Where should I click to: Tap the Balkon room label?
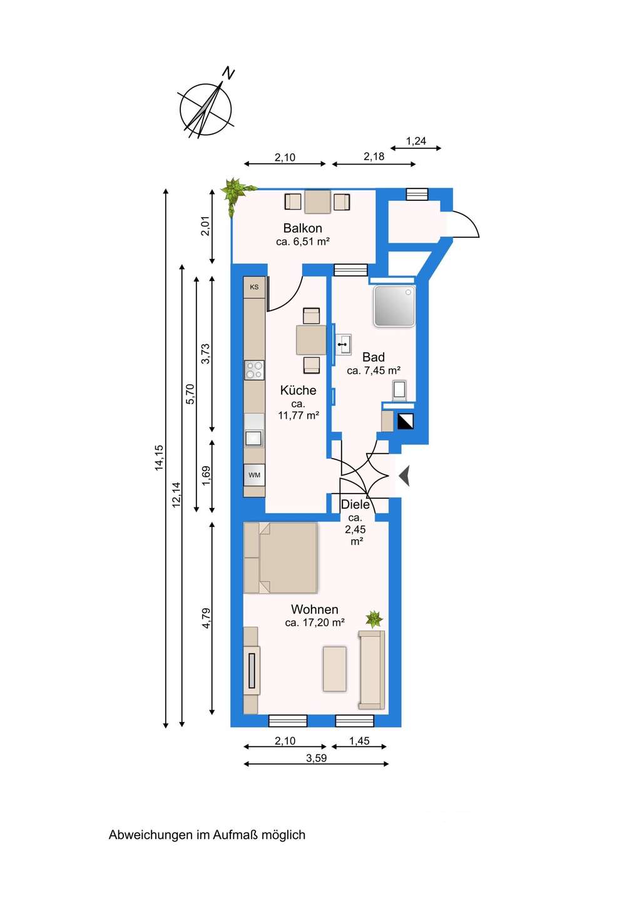[x=302, y=228]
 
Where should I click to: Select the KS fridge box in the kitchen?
[x=254, y=287]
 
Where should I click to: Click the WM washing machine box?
[x=254, y=475]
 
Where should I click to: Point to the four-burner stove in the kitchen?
[x=254, y=370]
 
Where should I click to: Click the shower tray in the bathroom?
[x=394, y=306]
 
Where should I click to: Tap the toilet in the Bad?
[x=400, y=390]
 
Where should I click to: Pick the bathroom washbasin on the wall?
[x=344, y=345]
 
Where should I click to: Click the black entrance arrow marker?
[x=404, y=476]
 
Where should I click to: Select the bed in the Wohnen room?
[x=281, y=557]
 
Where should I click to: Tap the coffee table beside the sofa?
[x=335, y=668]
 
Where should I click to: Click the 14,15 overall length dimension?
[x=160, y=457]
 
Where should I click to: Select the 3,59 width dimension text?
[x=317, y=758]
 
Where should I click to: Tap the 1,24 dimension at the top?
[x=416, y=141]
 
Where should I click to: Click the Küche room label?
[x=298, y=390]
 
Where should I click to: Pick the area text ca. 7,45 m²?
[x=374, y=370]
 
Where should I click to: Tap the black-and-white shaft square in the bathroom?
[x=405, y=421]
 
